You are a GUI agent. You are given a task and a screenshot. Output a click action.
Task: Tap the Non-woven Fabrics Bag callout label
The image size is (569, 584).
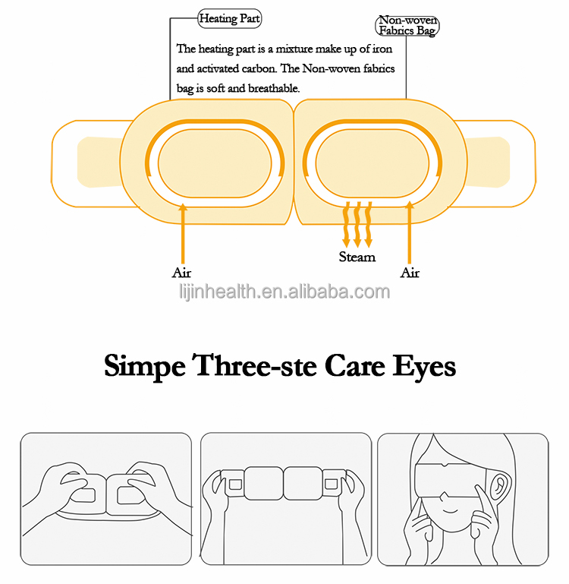[x=408, y=26]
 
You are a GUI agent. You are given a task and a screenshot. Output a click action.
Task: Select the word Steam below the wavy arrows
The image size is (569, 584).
[x=357, y=257]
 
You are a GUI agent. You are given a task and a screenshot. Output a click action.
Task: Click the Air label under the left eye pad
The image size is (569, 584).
[x=182, y=272]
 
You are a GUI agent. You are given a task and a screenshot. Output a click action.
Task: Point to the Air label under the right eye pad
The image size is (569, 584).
[x=410, y=272]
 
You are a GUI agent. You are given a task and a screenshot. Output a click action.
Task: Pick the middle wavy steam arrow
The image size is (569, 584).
[x=358, y=224]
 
